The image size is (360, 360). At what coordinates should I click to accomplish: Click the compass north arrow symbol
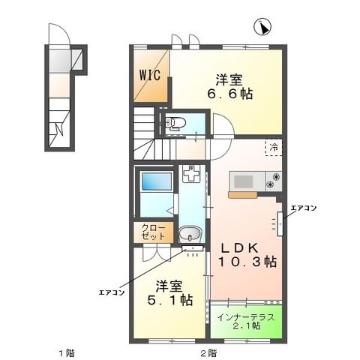pyautogui.click(x=262, y=28)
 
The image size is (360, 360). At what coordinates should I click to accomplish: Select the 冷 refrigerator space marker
pyautogui.click(x=274, y=148)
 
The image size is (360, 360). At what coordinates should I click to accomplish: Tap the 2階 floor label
pyautogui.click(x=208, y=352)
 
